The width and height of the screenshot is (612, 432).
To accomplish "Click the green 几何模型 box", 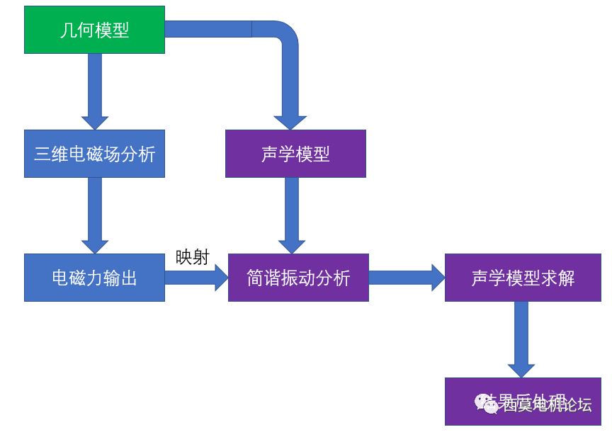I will [x=94, y=30].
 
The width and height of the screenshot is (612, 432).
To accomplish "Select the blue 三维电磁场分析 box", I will [x=94, y=154].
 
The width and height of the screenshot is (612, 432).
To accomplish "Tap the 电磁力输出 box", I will [x=94, y=278].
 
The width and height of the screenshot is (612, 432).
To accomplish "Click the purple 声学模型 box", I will [x=295, y=154].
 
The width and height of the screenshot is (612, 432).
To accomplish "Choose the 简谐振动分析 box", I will [x=298, y=278].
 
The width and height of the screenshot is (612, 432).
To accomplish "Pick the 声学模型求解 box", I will [x=523, y=278].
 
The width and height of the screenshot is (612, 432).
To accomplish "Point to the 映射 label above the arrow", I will [x=192, y=257].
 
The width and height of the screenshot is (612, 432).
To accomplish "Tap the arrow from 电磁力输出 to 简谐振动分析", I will [x=195, y=278].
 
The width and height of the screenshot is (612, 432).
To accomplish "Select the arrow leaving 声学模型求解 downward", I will [x=521, y=339].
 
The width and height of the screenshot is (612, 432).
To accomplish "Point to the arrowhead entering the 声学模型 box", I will [x=290, y=120].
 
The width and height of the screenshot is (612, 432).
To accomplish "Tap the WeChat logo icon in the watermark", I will [x=488, y=404].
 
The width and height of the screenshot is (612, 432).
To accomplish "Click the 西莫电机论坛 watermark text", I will [x=547, y=405].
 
